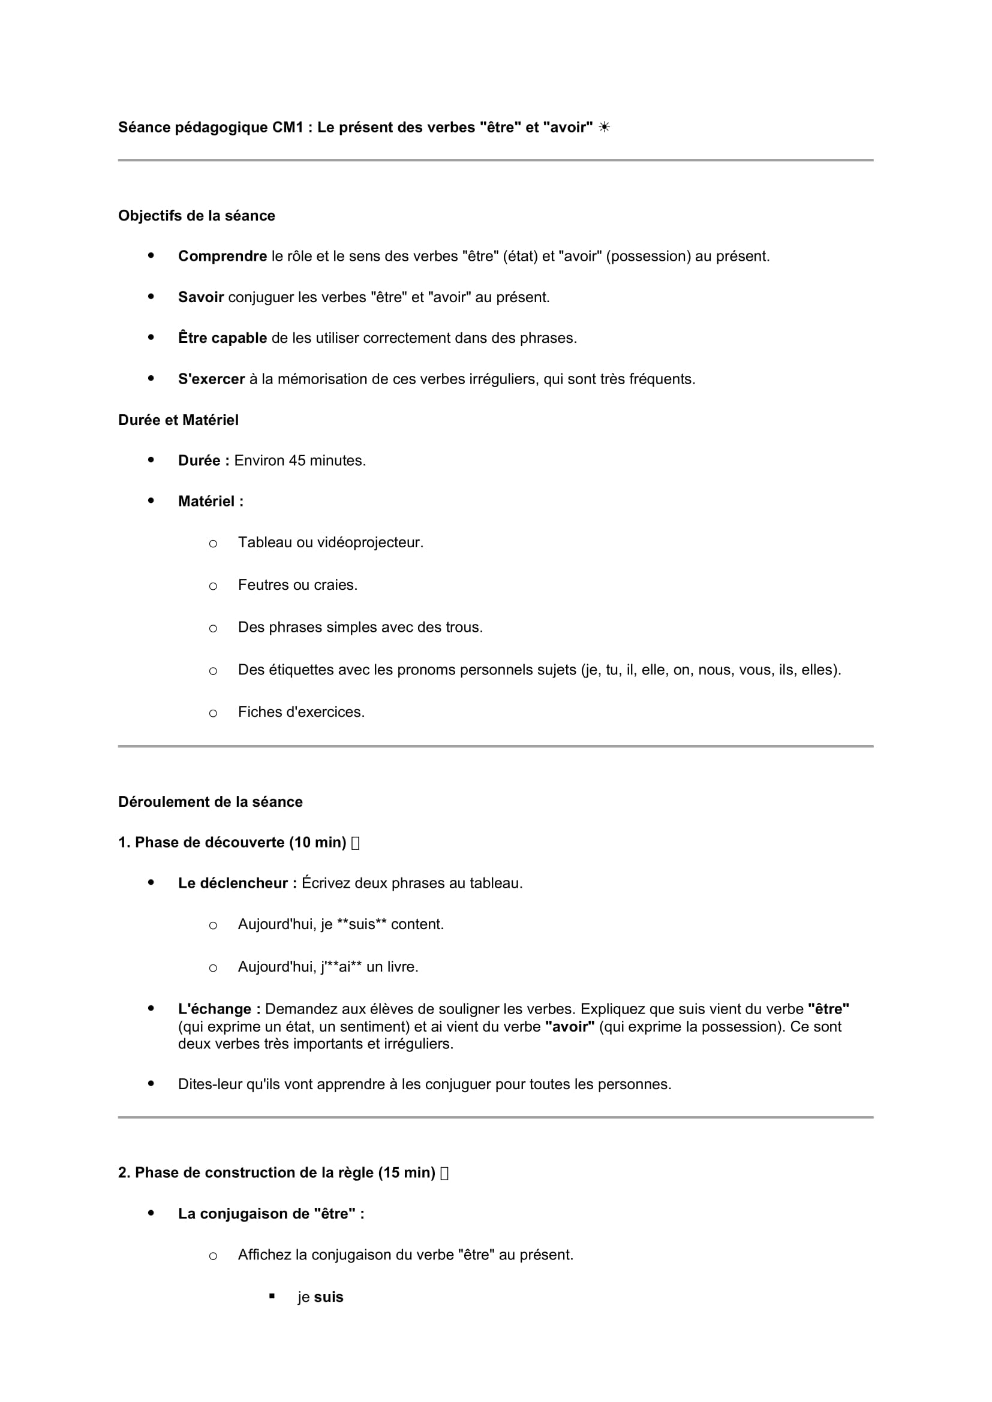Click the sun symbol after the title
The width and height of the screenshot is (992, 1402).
pos(604,127)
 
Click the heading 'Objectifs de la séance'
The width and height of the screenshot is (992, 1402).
pos(196,216)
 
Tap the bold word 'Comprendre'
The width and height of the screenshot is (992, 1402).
pos(223,257)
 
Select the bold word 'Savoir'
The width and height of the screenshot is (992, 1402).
pos(201,297)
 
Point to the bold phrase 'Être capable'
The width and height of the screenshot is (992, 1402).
pos(223,338)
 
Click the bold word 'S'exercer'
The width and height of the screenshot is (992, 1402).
pos(211,379)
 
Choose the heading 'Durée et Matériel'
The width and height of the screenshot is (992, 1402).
pos(178,420)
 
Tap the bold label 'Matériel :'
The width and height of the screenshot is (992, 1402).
pos(211,501)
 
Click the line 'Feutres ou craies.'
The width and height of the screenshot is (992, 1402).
pos(297,585)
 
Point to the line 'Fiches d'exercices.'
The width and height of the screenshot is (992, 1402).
pos(301,712)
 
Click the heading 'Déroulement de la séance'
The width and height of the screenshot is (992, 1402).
pos(210,802)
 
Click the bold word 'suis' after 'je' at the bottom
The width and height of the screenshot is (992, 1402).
pos(329,1298)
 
